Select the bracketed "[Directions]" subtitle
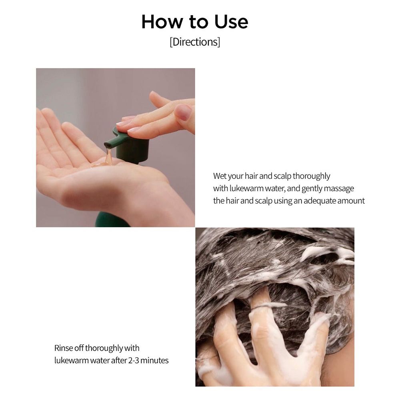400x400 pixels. pyautogui.click(x=195, y=42)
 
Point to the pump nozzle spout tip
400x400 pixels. pyautogui.click(x=108, y=144)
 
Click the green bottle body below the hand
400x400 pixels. pyautogui.click(x=112, y=220)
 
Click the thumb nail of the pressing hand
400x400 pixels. pyautogui.click(x=183, y=112)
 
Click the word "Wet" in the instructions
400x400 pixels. pyautogui.click(x=220, y=176)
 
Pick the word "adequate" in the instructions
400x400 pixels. pyautogui.click(x=320, y=201)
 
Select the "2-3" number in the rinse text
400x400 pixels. pyautogui.click(x=133, y=360)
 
